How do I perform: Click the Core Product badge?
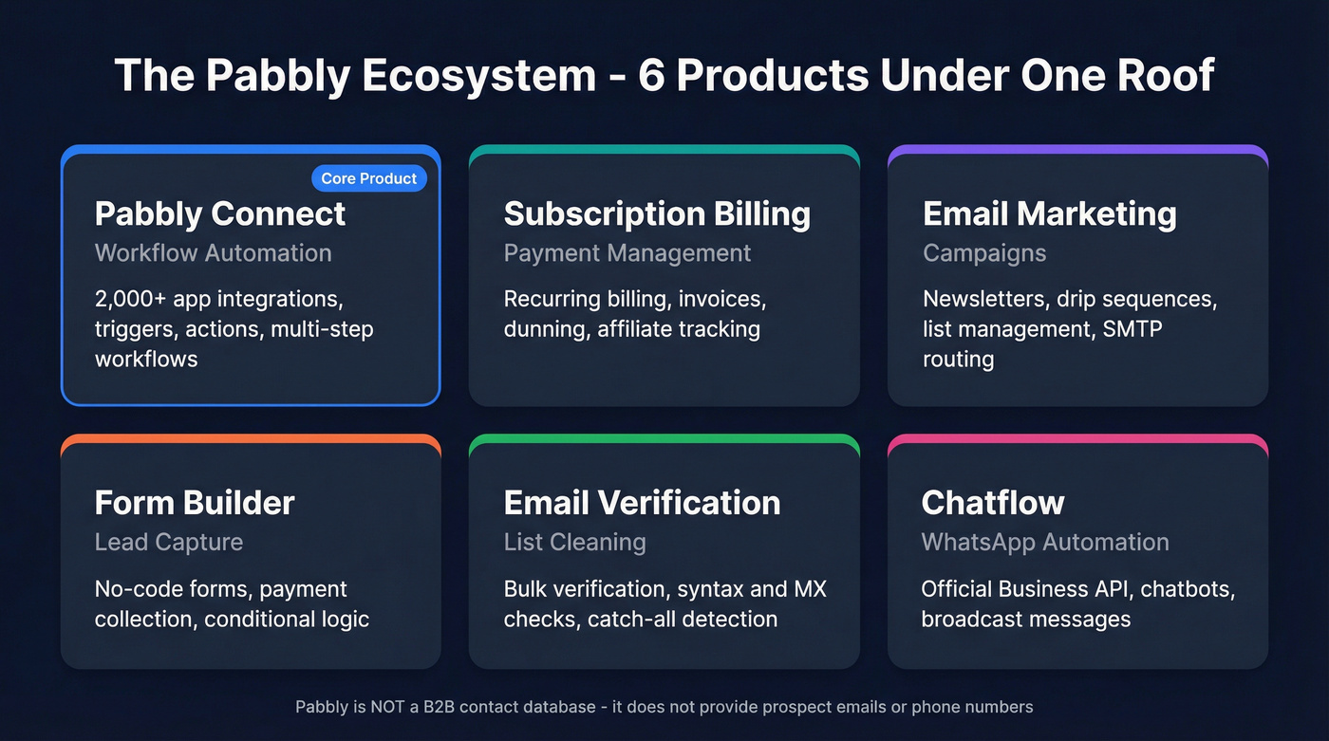[369, 178]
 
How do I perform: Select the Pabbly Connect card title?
[220, 213]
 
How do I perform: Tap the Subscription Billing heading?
[657, 213]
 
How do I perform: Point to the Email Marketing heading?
[1049, 213]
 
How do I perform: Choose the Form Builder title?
[195, 502]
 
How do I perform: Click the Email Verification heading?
[642, 502]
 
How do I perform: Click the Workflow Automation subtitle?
[214, 253]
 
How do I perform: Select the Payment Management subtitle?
[627, 253]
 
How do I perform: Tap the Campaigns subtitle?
[984, 253]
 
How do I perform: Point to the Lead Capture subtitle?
[169, 542]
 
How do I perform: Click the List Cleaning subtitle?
[574, 542]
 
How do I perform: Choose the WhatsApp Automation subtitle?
[1045, 542]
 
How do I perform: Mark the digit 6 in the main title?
[651, 75]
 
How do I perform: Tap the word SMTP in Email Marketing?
[1131, 330]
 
